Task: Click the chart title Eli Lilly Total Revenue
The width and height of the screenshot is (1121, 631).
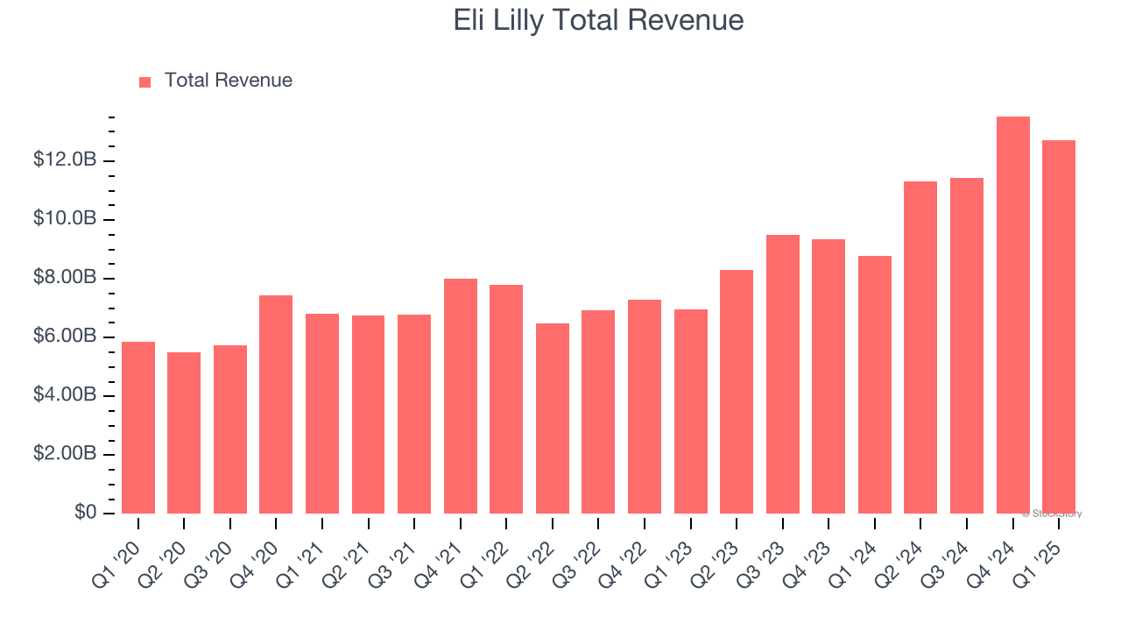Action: [x=598, y=20]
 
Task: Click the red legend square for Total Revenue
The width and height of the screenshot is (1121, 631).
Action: [x=145, y=82]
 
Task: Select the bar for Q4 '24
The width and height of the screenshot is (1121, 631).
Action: [x=1012, y=315]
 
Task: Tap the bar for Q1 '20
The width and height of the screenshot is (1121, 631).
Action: [x=138, y=428]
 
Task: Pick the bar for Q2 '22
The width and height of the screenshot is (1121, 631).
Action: [x=552, y=419]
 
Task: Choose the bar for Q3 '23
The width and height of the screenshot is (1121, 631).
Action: [x=782, y=374]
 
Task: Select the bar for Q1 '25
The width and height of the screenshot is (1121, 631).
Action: [x=1058, y=327]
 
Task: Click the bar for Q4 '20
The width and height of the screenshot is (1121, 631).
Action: [x=276, y=404]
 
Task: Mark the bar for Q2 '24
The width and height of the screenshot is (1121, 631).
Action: [x=920, y=347]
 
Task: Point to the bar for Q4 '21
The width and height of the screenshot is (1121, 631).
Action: [x=460, y=396]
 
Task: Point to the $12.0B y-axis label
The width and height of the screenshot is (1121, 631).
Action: [x=65, y=160]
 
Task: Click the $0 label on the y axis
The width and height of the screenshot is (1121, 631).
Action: [x=84, y=513]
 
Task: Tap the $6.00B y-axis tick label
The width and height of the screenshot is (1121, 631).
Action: [x=65, y=337]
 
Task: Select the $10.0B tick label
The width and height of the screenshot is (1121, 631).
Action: [x=65, y=219]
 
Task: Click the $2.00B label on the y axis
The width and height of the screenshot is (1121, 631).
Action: [x=65, y=454]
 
